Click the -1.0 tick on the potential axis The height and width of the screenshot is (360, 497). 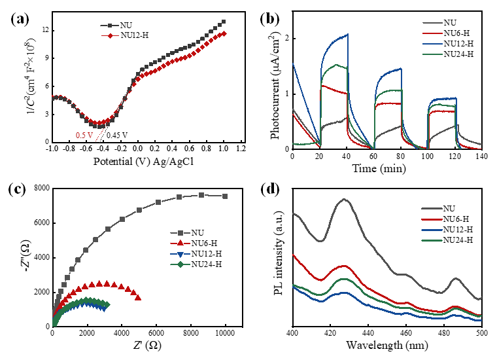click(52, 149)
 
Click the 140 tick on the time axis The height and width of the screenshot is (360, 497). click(481, 157)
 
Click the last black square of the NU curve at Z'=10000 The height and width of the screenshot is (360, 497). click(226, 196)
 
